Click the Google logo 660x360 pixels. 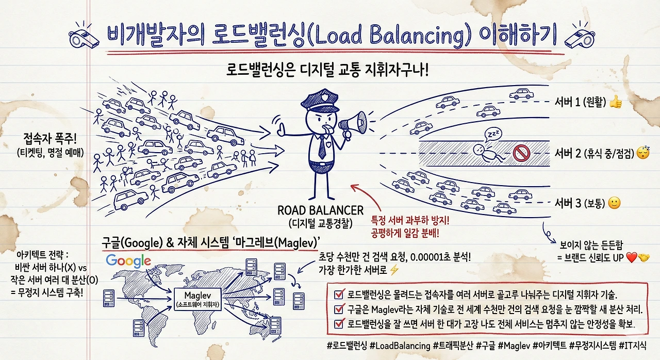[128, 260]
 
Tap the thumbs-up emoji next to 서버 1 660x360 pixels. [615, 103]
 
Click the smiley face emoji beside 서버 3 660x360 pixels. [614, 203]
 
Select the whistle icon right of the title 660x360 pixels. [577, 34]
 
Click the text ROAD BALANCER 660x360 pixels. [320, 210]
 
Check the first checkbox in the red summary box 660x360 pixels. [340, 294]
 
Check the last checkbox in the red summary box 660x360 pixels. [340, 324]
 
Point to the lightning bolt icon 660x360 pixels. [394, 270]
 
